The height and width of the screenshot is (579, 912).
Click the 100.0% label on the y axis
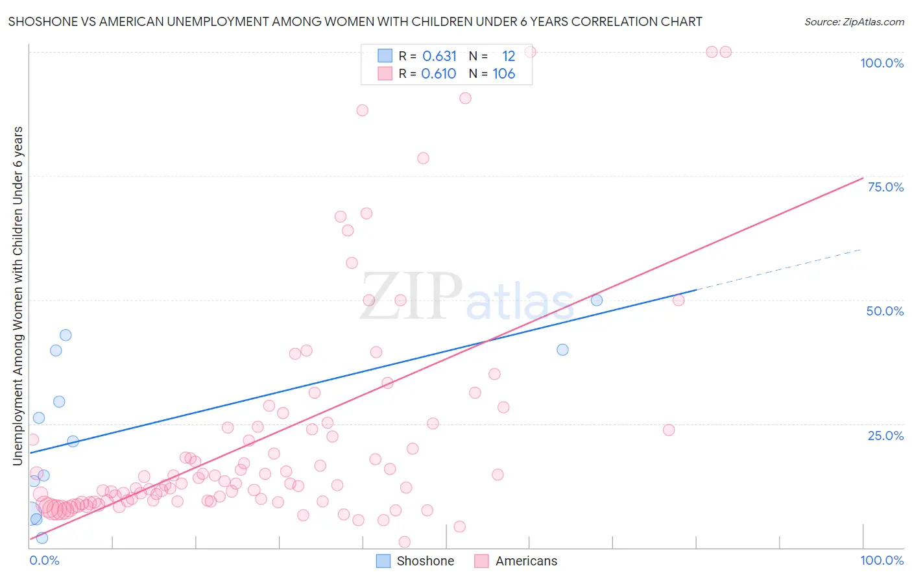pos(882,63)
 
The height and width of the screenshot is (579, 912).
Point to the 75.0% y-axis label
pos(885,187)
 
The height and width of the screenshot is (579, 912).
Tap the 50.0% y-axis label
pos(885,311)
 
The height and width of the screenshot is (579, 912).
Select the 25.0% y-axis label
pos(885,435)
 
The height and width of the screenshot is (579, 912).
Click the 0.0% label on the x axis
pos(44,560)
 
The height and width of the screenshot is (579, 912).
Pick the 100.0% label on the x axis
pos(882,560)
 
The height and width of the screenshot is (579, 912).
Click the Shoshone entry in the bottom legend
pos(425,561)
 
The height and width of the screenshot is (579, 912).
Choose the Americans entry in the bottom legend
pos(526,561)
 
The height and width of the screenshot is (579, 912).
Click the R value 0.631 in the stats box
pos(440,56)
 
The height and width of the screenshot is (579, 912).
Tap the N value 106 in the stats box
pos(503,74)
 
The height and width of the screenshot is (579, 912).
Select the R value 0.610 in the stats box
pos(439,74)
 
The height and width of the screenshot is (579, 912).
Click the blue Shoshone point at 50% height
pos(597,300)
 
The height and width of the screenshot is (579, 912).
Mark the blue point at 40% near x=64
pos(562,349)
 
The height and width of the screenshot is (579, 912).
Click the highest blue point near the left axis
pos(66,335)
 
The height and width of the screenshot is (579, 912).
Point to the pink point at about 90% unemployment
pos(465,98)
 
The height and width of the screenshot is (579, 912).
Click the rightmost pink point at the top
pos(726,52)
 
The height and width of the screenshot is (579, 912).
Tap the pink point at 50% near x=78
pos(678,300)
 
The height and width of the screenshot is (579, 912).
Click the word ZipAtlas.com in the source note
pos(873,22)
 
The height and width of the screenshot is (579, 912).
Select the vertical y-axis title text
pos(18,295)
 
